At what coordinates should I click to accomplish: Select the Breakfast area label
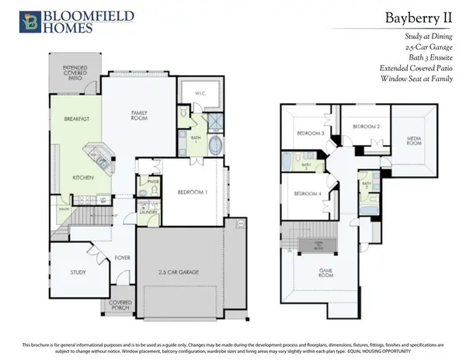coord(68,119)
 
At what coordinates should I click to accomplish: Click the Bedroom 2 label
coord(365,126)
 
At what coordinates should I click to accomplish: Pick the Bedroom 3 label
coord(310,133)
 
